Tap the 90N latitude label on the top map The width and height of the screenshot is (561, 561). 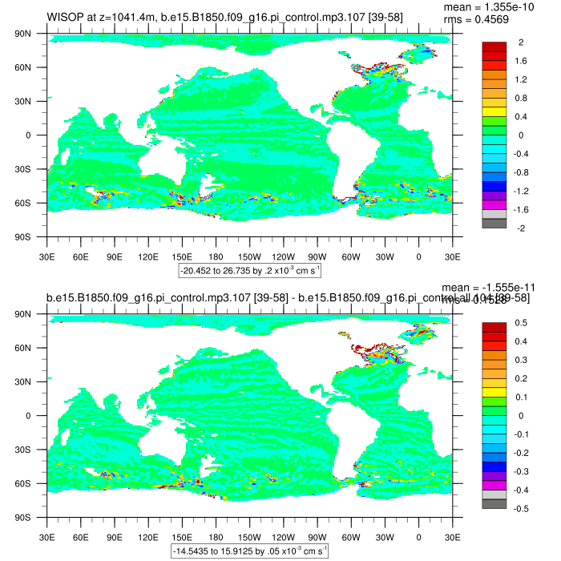pyautogui.click(x=33, y=34)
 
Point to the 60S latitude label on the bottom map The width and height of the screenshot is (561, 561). pyautogui.click(x=33, y=484)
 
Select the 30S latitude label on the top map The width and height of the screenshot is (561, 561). pyautogui.click(x=33, y=170)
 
